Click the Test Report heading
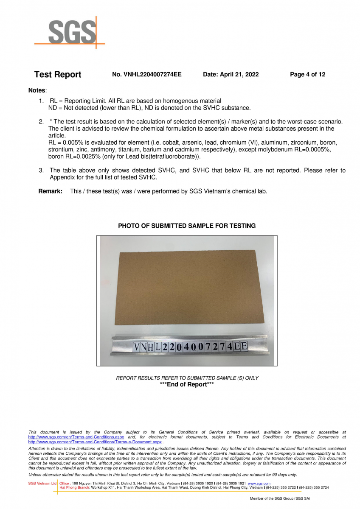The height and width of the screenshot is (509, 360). [x=58, y=75]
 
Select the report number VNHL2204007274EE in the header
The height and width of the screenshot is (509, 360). [x=146, y=75]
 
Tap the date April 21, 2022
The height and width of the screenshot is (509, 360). [x=231, y=75]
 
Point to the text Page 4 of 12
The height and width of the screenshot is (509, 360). [x=307, y=75]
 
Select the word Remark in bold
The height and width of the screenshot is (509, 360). [x=50, y=191]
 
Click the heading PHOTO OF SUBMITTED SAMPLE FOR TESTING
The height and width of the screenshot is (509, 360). [x=187, y=226]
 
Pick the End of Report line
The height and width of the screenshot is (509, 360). [x=187, y=384]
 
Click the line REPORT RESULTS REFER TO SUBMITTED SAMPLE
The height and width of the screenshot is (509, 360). [x=187, y=378]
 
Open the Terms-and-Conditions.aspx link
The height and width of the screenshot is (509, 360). [x=76, y=437]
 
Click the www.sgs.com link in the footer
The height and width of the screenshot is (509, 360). [x=259, y=484]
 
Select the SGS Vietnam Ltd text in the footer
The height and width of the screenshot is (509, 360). [x=42, y=484]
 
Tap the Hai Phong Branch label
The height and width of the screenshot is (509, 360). [x=75, y=488]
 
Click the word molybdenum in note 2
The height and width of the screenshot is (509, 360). [x=298, y=150]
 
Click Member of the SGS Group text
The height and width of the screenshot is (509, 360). [x=280, y=498]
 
